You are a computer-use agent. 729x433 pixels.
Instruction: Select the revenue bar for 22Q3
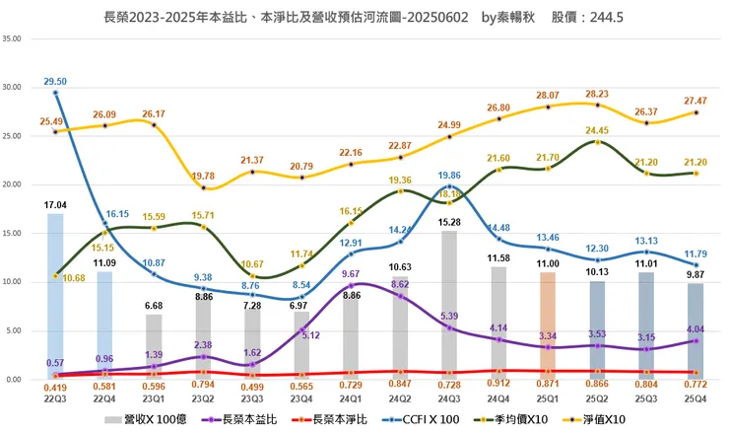(x=55, y=296)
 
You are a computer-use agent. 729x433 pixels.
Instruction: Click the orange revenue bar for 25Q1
(x=548, y=325)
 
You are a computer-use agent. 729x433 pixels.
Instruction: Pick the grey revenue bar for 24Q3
(x=448, y=305)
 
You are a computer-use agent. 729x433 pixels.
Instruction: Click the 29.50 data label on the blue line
(x=55, y=81)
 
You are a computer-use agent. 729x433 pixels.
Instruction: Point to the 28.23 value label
(x=598, y=94)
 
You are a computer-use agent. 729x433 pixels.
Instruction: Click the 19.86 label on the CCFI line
(x=449, y=175)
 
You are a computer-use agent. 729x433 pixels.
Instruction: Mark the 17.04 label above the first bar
(x=55, y=205)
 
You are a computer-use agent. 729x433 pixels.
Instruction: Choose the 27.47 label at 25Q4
(x=696, y=101)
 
